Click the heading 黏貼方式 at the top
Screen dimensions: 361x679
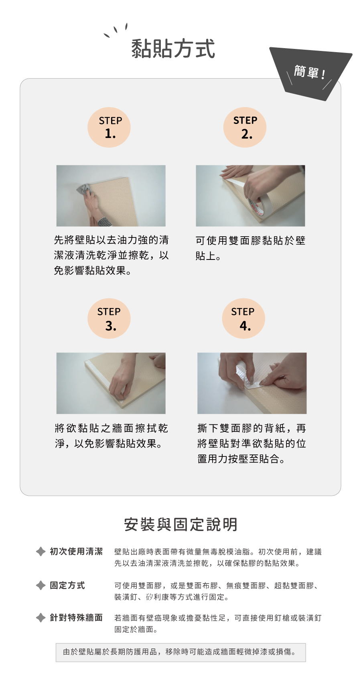pos(173,49)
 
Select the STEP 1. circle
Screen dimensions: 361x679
pos(109,127)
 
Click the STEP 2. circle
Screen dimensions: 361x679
pos(245,127)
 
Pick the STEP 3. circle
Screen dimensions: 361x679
pos(109,318)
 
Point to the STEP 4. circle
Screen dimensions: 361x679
pos(243,318)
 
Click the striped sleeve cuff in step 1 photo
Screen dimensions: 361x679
pos(105,222)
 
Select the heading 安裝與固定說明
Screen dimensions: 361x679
pos(180,525)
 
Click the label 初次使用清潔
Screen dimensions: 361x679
pos(76,551)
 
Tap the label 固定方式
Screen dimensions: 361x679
pos(67,585)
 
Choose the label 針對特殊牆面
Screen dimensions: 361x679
pos(76,618)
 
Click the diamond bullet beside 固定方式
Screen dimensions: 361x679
pos(41,585)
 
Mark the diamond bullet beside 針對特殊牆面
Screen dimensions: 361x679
pos(41,618)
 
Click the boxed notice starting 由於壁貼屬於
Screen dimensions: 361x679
pos(180,652)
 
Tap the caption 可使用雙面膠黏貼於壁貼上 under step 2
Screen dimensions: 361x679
pos(250,248)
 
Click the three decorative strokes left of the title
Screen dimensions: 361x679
pos(116,30)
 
